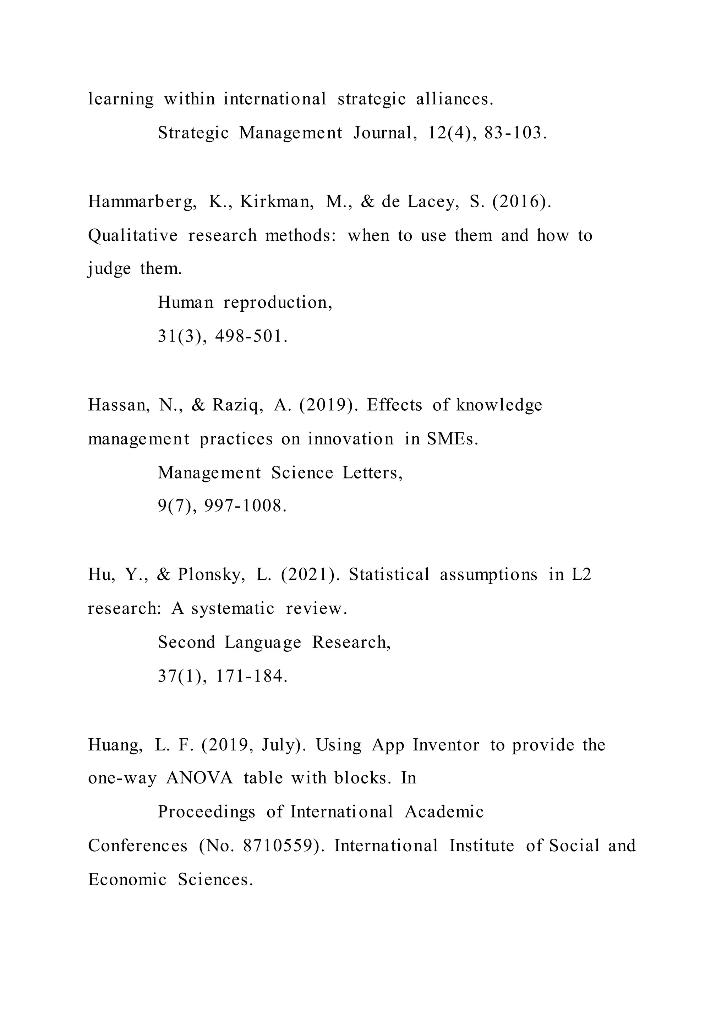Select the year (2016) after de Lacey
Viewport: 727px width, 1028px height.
[x=521, y=202]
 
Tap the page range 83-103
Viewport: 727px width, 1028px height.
[x=515, y=133]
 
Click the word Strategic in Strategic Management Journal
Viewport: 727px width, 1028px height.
[x=193, y=133]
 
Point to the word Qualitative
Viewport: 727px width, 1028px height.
[x=132, y=235]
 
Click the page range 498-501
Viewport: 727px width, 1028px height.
[x=251, y=336]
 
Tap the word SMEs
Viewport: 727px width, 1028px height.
[x=452, y=439]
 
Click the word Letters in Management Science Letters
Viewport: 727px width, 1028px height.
[x=372, y=473]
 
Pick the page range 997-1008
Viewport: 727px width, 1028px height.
[x=245, y=507]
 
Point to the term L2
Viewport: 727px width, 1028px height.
[x=581, y=575]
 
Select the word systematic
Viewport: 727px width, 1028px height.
[x=233, y=609]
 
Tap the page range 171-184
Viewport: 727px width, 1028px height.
[x=251, y=676]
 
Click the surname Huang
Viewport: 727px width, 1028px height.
[x=115, y=745]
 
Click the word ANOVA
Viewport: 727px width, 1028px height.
[x=199, y=778]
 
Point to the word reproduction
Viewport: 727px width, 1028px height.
[x=278, y=303]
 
